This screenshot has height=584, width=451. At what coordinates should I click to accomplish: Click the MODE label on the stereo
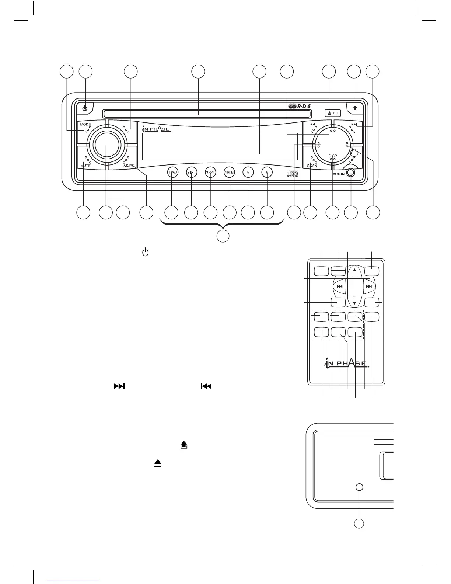click(x=85, y=125)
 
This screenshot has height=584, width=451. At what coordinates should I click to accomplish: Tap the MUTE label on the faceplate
click(x=85, y=166)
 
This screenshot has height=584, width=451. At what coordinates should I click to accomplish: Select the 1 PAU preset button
click(x=173, y=172)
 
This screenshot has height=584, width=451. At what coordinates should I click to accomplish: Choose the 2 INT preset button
click(x=192, y=172)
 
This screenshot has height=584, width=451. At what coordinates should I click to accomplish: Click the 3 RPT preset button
click(x=210, y=172)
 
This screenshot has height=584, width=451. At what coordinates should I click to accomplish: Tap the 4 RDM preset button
click(x=229, y=172)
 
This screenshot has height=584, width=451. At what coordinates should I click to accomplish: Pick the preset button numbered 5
click(x=248, y=172)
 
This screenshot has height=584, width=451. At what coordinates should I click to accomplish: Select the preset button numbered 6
click(x=267, y=172)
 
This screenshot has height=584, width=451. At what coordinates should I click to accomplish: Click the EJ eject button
click(x=333, y=113)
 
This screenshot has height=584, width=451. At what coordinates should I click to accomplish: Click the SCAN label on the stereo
click(x=312, y=166)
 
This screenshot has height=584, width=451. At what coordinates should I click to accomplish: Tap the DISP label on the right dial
click(x=333, y=156)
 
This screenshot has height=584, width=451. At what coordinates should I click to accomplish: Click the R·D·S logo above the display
click(x=300, y=107)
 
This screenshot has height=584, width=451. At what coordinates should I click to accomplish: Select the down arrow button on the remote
click(x=354, y=303)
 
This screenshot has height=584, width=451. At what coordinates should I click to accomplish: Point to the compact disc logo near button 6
click(x=292, y=174)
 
